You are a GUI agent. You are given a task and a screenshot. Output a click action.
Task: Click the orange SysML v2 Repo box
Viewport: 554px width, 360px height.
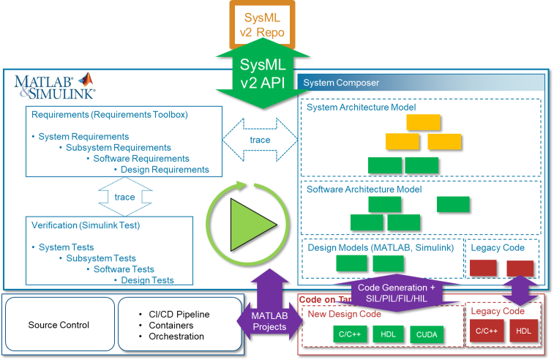point(262,23)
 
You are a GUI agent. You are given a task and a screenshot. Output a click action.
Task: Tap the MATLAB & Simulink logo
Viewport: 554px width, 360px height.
point(55,86)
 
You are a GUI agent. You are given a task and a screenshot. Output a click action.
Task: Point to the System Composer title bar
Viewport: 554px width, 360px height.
point(421,83)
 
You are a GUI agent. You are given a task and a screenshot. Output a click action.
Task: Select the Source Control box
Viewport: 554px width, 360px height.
point(59,325)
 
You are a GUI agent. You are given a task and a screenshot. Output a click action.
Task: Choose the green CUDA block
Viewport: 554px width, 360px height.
point(427,334)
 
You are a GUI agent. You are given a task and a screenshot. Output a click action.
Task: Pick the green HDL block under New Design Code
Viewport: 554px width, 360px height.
point(387,334)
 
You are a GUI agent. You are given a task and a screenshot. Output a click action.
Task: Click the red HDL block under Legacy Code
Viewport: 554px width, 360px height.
point(523,331)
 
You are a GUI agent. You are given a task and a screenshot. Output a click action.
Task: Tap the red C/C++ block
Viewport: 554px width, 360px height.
point(487,331)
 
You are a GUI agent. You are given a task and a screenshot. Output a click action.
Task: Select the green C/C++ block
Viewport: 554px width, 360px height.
point(348,334)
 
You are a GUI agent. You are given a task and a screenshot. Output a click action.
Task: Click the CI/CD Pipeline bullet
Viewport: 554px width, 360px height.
point(173,315)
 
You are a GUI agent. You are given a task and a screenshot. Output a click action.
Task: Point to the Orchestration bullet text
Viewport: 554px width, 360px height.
point(176,337)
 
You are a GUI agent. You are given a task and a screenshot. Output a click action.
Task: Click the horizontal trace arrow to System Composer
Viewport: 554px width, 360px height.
point(260,140)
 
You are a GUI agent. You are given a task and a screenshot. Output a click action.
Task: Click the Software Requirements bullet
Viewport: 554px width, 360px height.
point(141,159)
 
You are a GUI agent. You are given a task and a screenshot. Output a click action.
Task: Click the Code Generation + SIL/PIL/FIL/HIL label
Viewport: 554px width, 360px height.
point(396,293)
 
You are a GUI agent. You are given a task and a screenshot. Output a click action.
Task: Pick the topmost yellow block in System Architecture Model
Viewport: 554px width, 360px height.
point(423,122)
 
